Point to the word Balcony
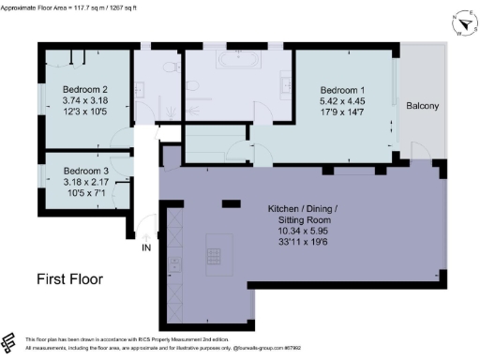pos(423,106)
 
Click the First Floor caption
pos(70,279)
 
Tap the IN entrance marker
pos(145,248)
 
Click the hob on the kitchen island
pos(215,252)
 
